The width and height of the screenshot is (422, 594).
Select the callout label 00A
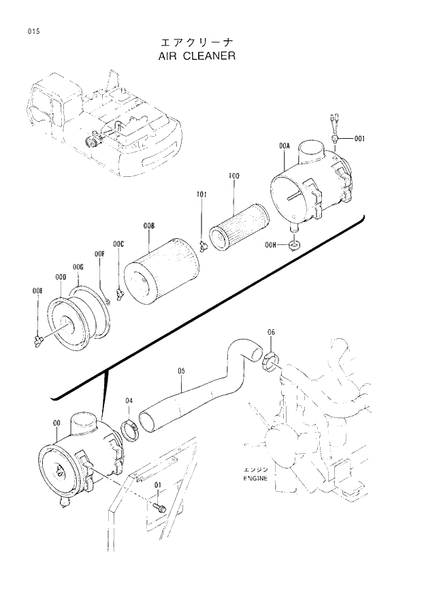pyautogui.click(x=285, y=146)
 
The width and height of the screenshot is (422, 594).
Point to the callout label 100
pyautogui.click(x=233, y=176)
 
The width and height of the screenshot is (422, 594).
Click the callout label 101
pyautogui.click(x=201, y=195)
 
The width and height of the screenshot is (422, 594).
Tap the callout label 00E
pyautogui.click(x=37, y=291)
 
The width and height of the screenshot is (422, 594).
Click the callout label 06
pyautogui.click(x=272, y=332)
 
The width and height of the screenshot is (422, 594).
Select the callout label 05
pyautogui.click(x=182, y=371)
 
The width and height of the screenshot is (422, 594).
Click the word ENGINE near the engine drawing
pyautogui.click(x=255, y=478)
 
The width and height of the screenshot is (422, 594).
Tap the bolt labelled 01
pyautogui.click(x=160, y=507)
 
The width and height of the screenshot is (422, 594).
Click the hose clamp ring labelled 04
pyautogui.click(x=129, y=429)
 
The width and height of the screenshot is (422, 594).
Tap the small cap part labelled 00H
pyautogui.click(x=293, y=244)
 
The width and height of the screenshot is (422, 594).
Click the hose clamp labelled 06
pyautogui.click(x=272, y=362)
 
